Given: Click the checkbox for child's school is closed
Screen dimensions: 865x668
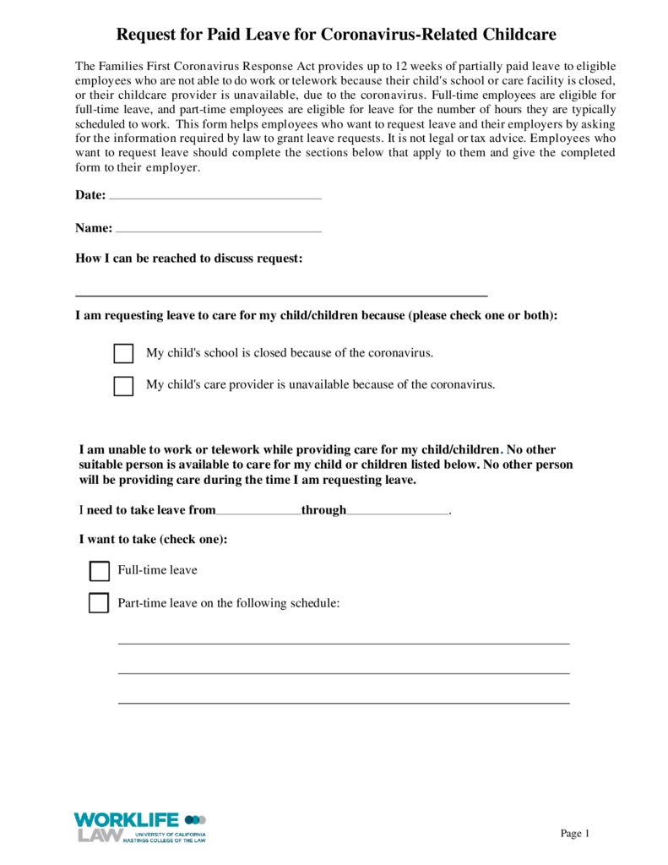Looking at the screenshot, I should pos(123,353).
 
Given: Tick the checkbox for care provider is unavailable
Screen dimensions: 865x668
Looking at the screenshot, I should pos(123,385).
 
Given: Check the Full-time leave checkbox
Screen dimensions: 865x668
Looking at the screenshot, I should pos(100,571).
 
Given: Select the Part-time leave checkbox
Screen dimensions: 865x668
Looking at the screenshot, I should pos(100,603).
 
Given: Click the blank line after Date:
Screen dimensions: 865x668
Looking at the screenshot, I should pos(215,197).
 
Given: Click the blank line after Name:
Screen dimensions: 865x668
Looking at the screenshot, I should pos(218,230).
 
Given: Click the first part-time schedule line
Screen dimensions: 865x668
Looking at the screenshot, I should pos(343,643).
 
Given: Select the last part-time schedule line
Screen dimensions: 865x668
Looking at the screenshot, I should pos(343,702).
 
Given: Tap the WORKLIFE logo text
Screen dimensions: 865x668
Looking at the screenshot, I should pos(127,819).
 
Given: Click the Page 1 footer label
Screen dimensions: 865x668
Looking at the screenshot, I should pos(574,834).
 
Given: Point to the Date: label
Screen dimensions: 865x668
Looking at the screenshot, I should pos(90,195).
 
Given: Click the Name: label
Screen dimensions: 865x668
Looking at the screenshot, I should pos(94,228).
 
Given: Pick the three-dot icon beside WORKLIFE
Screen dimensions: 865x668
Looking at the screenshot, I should pos(195,819).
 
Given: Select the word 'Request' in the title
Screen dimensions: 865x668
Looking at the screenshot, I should pos(144,35).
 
